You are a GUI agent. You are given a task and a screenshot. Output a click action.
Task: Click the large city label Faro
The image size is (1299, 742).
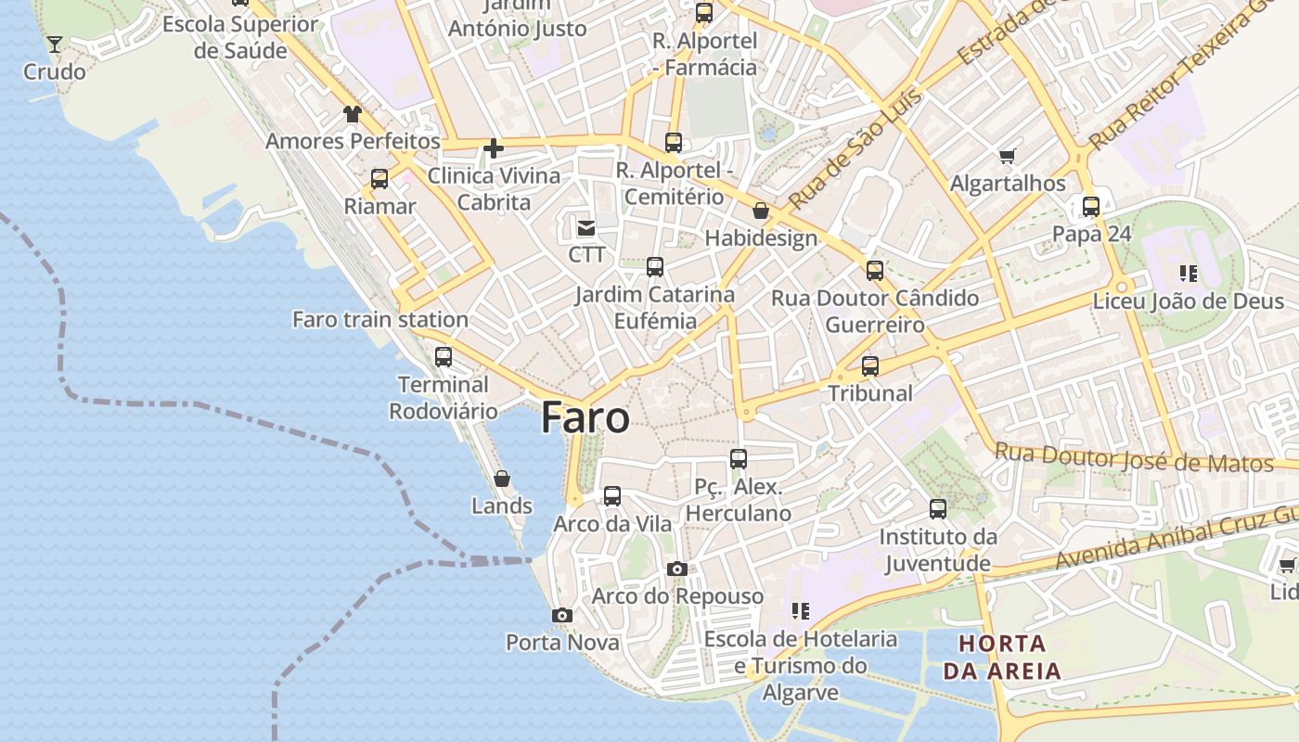click(x=585, y=417)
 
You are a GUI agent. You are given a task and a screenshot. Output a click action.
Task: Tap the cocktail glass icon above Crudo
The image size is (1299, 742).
click(x=55, y=44)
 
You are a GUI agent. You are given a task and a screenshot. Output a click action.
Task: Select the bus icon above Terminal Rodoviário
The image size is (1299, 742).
click(x=444, y=356)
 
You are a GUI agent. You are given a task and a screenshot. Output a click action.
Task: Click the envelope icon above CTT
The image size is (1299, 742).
click(x=586, y=227)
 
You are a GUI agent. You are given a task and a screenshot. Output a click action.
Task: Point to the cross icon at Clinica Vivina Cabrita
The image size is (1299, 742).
click(x=494, y=147)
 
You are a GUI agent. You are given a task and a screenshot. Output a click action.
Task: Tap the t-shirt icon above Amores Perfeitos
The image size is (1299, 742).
click(x=353, y=114)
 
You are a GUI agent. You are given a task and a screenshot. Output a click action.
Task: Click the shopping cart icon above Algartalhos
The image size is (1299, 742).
click(x=1008, y=156)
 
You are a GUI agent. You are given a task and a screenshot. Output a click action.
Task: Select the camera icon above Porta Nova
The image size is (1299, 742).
click(x=561, y=615)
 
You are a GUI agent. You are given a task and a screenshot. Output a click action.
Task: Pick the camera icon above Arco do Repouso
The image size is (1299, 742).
click(x=677, y=569)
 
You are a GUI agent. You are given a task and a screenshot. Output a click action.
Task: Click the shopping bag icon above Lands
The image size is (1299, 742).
click(x=502, y=479)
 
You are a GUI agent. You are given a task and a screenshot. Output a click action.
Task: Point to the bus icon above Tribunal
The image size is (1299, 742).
click(x=870, y=365)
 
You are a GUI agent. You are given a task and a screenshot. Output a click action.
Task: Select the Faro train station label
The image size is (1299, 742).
click(x=380, y=319)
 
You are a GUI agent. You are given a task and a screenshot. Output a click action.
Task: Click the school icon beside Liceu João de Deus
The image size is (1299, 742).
click(x=1189, y=273)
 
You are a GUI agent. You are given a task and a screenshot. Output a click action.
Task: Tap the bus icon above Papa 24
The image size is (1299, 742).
click(x=1091, y=206)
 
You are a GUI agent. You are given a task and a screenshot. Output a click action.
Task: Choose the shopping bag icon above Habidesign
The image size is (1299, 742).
click(x=761, y=211)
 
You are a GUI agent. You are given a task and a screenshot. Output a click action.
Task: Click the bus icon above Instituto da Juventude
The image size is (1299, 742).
click(x=938, y=508)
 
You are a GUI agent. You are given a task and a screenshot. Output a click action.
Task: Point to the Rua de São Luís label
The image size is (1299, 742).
click(x=855, y=148)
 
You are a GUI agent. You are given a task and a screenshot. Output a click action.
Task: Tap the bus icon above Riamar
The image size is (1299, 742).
click(x=379, y=178)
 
